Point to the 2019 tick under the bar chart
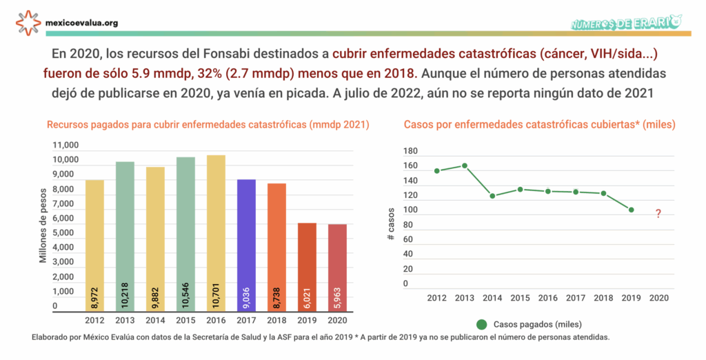pos(307,320)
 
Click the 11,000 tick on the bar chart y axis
pos(65,146)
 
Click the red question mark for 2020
pos(658,214)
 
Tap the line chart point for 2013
pos(465,166)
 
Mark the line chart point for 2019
pos(631,210)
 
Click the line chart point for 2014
pos(492,196)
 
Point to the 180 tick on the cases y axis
pos(410,151)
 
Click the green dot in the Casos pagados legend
pos(481,324)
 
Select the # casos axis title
pos(391,227)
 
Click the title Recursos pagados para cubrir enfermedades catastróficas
pos(207,125)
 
